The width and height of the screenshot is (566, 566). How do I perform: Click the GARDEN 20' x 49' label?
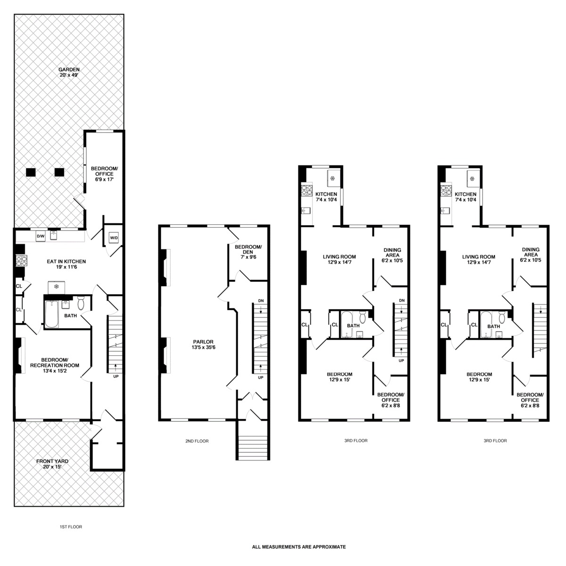coord(69,72)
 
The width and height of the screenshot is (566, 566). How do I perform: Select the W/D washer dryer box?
coord(114,238)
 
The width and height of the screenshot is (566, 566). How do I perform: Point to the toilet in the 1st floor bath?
coord(81,303)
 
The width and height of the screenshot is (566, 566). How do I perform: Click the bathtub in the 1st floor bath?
coord(52,314)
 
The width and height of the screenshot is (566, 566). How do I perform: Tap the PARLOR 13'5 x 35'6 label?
coord(203,345)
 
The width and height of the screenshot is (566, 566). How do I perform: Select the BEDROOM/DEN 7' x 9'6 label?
coord(248,252)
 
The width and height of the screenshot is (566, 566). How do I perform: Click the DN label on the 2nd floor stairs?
coord(261,301)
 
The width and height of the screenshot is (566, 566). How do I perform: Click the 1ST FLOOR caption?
coord(71,526)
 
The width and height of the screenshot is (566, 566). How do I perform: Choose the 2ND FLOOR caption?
coord(197,441)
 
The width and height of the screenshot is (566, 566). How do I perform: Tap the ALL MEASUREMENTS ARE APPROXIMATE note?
coord(299,547)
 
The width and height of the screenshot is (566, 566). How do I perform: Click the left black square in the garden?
coord(31,172)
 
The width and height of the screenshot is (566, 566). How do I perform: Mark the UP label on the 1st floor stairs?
coord(116,376)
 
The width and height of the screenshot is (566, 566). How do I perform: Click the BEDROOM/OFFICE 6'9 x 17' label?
coord(104,174)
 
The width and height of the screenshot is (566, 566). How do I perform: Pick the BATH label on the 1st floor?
coord(71,315)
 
